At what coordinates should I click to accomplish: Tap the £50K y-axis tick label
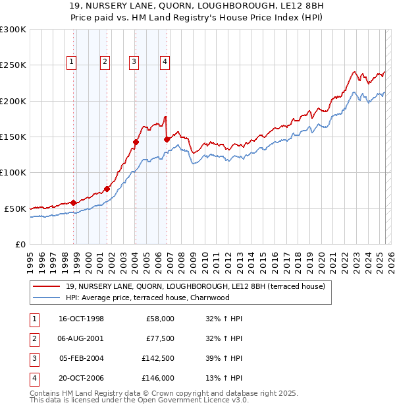15,208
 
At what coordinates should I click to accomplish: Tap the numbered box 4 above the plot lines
165,63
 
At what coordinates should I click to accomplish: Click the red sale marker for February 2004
136,142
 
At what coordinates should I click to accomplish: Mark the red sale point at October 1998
74,203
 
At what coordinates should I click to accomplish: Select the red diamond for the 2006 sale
167,139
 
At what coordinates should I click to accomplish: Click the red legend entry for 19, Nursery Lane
191,286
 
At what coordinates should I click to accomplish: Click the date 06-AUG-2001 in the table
81,338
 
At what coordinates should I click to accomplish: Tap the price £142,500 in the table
157,358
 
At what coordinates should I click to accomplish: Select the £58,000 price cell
160,319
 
